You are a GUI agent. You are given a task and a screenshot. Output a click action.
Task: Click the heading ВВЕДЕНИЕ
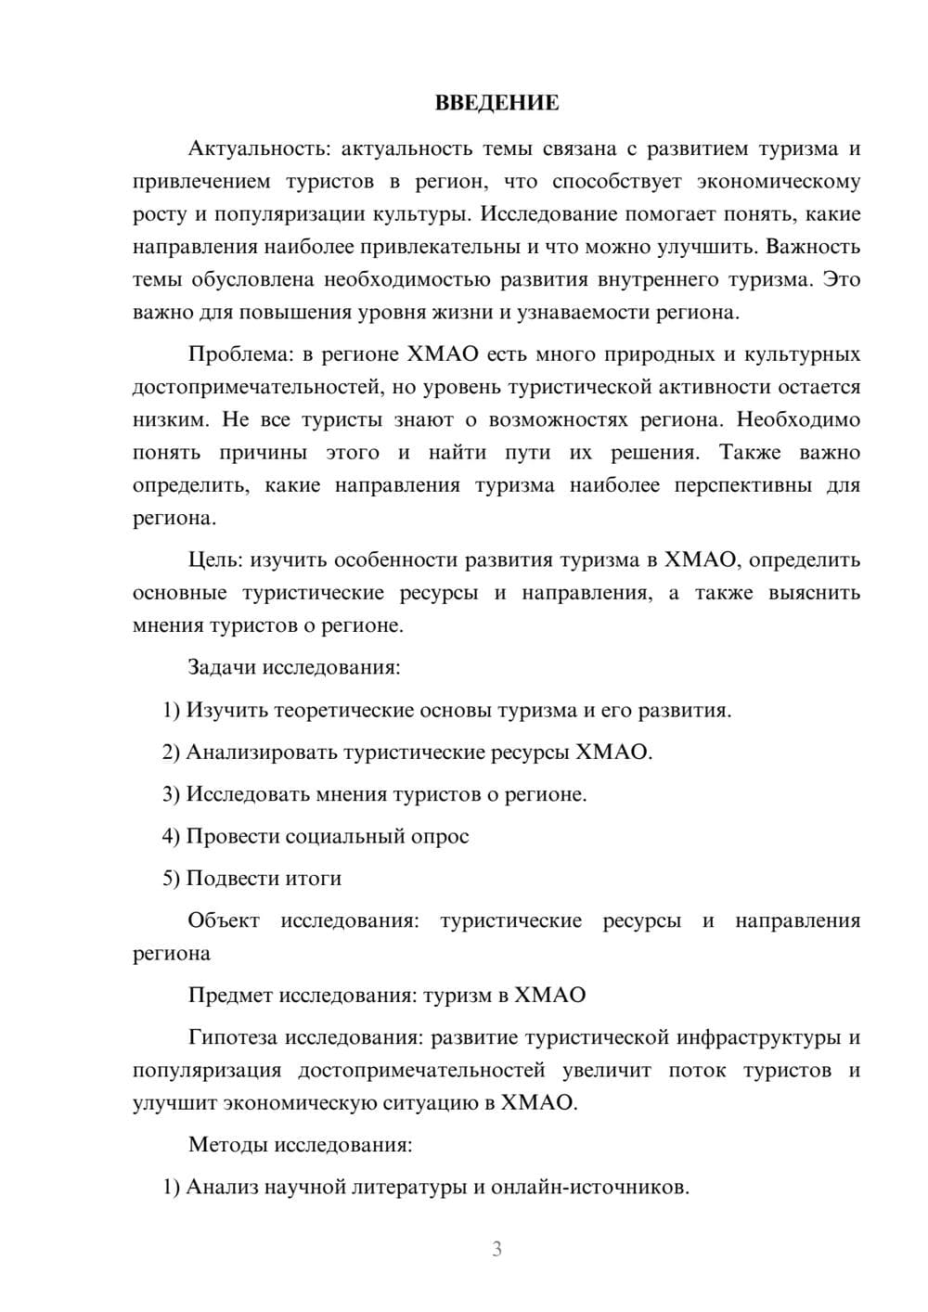click(496, 103)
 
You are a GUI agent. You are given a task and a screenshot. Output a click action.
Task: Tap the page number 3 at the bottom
click(496, 1249)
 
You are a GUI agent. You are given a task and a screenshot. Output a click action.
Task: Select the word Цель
click(215, 560)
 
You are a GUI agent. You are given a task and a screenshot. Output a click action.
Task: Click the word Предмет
click(227, 996)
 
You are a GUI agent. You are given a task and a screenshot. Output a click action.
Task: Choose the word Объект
click(224, 921)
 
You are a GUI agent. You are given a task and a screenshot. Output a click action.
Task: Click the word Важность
click(813, 247)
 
